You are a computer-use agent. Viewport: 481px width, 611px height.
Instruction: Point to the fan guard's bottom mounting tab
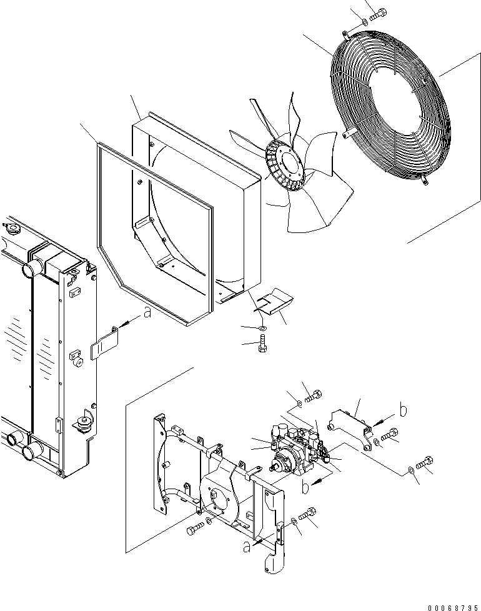[x=425, y=179]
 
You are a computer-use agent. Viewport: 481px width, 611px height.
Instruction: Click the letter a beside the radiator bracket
[x=147, y=314]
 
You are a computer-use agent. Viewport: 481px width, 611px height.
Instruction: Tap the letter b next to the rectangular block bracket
[x=403, y=411]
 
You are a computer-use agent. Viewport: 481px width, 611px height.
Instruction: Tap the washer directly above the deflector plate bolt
[x=262, y=327]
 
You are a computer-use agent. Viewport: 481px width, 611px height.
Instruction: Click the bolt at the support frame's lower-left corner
[x=194, y=530]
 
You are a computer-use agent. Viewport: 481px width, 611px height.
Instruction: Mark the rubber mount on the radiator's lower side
[x=82, y=424]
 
